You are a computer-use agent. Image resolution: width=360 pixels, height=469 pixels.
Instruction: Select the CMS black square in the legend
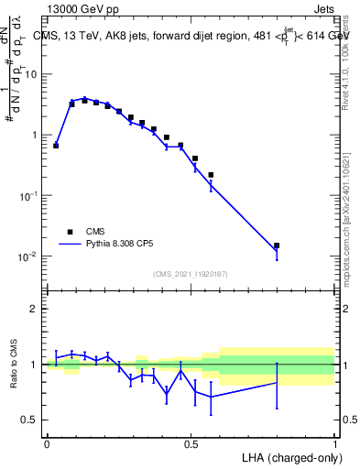(x=69, y=232)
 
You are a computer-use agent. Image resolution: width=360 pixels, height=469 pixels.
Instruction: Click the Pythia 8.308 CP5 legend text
(x=125, y=245)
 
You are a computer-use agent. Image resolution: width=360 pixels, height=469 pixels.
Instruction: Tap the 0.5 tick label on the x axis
(x=191, y=444)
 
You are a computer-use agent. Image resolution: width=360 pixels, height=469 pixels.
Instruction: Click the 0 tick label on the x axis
(x=47, y=444)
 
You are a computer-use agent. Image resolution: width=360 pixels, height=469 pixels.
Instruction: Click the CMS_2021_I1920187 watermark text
(x=190, y=274)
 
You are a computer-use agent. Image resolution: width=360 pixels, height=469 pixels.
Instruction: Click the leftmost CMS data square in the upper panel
(x=56, y=145)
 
